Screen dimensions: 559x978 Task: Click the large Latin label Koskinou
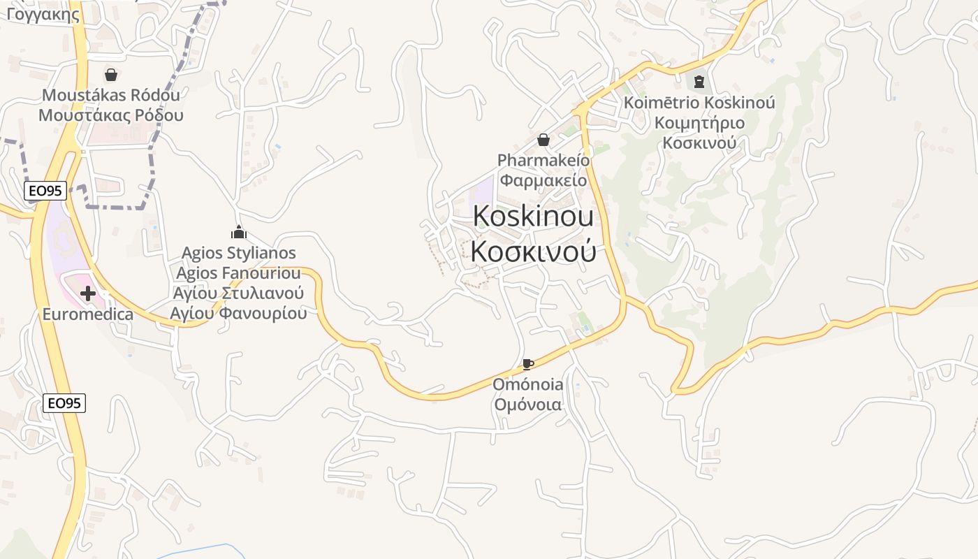[533, 217]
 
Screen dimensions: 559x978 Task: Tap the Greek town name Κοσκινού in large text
[533, 251]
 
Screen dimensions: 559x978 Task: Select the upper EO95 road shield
[45, 191]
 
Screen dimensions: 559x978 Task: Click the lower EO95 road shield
[64, 403]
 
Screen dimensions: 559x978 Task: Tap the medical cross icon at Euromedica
[88, 293]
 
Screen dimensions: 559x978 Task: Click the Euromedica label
[88, 314]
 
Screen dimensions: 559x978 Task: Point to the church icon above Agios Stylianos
[239, 232]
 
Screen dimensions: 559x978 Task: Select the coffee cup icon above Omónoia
[528, 364]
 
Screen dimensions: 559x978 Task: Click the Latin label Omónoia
[528, 384]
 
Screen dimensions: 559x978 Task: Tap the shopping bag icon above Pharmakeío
[543, 140]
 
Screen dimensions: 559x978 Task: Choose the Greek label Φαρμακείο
[543, 180]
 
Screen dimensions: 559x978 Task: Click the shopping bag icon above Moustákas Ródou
[110, 74]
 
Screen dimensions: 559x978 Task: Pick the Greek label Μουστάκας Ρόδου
[111, 115]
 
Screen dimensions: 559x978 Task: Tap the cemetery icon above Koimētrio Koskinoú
[699, 82]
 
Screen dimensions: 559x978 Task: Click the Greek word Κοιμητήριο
[699, 123]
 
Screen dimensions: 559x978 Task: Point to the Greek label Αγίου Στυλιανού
[239, 293]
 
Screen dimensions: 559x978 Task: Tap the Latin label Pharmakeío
[543, 160]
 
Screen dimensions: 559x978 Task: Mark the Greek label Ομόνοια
[528, 405]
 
